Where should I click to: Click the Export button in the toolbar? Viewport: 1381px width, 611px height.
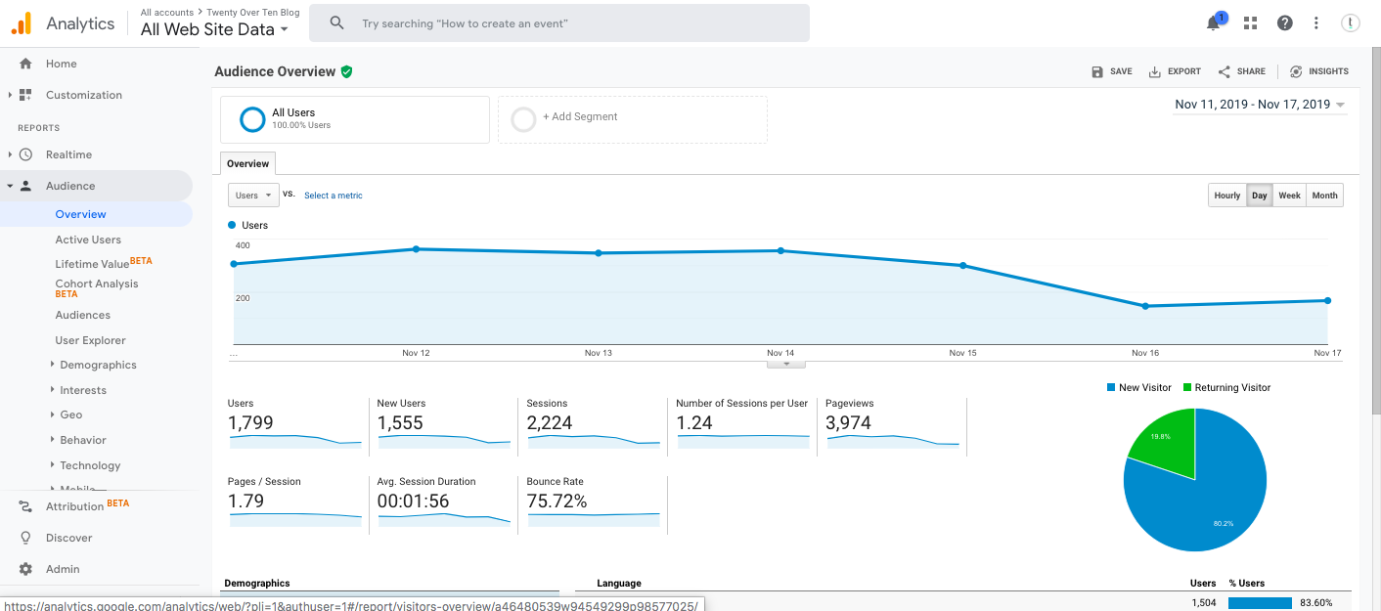pyautogui.click(x=1175, y=71)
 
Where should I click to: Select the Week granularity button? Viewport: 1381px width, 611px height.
pyautogui.click(x=1289, y=196)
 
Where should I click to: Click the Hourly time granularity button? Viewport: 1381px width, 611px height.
pyautogui.click(x=1226, y=196)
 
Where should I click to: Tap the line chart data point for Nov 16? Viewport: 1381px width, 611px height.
pyautogui.click(x=1145, y=306)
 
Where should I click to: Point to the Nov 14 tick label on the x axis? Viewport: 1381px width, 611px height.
pyautogui.click(x=780, y=353)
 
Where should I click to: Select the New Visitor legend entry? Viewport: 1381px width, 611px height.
pyautogui.click(x=1138, y=388)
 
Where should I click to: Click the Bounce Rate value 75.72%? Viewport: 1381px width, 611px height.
pyautogui.click(x=557, y=502)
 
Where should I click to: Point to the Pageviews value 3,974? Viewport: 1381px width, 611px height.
pyautogui.click(x=848, y=423)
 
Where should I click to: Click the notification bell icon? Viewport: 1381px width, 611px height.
pyautogui.click(x=1213, y=23)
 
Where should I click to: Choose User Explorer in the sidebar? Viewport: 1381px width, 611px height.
pyautogui.click(x=90, y=340)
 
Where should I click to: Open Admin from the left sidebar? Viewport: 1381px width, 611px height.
pyautogui.click(x=63, y=569)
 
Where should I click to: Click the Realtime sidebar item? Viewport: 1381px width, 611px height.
pyautogui.click(x=68, y=154)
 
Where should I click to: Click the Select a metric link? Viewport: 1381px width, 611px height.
pyautogui.click(x=333, y=196)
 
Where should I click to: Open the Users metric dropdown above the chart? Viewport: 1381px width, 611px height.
pyautogui.click(x=253, y=196)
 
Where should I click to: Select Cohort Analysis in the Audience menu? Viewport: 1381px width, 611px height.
pyautogui.click(x=96, y=284)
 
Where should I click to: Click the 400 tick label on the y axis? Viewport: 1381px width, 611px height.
pyautogui.click(x=243, y=245)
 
